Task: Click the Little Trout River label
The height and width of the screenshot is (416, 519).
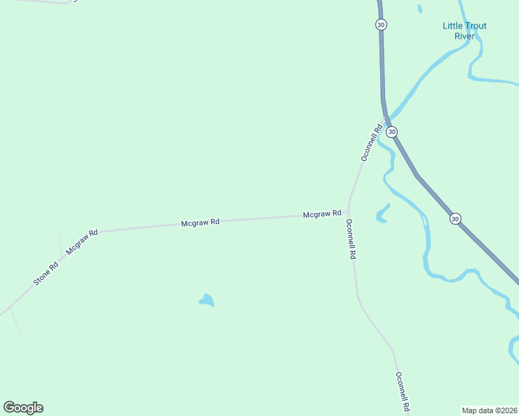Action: coord(464,31)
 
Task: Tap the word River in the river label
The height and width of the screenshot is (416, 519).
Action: coord(464,36)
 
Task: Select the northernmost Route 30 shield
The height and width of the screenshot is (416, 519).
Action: coord(381,24)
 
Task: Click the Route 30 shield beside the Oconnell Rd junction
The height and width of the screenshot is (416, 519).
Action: coord(392,132)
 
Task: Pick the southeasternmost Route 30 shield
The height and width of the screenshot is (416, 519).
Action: coord(454,218)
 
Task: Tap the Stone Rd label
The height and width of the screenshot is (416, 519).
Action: coord(46,274)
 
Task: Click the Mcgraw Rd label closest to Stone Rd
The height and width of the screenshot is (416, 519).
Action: coord(82,241)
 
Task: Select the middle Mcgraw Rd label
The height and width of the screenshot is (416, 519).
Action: coord(200,223)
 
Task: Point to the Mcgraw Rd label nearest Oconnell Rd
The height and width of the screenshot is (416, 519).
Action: coord(321,214)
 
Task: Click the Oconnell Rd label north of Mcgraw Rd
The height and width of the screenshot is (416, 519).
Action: coord(372,142)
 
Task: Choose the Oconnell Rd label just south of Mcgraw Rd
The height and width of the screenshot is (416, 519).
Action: coord(351,239)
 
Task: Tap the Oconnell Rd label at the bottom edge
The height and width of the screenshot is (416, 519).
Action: coord(402,392)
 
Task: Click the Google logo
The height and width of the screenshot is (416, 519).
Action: coord(23,408)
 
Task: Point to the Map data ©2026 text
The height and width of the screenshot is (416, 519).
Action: coord(489,410)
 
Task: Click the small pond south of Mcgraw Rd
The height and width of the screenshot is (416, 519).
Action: coord(207,300)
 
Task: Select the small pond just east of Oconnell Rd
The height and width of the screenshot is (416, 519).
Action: coord(381,214)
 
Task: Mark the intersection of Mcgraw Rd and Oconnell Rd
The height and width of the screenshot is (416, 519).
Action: coord(348,211)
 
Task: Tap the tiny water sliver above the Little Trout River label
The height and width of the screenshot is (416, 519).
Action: coord(420,9)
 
